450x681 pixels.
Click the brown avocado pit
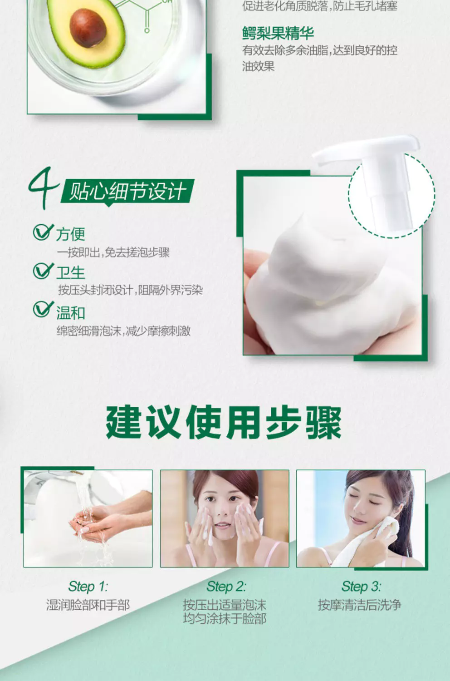tap(88, 28)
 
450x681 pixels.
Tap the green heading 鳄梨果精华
tap(278, 33)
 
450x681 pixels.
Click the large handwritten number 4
tap(44, 188)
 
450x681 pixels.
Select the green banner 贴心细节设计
tap(127, 192)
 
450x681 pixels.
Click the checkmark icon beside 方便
tap(43, 232)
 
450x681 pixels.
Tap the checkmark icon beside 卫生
tap(43, 271)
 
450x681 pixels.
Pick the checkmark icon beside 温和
tap(43, 310)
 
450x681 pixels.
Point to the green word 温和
tap(70, 312)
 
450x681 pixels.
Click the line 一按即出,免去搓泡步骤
tap(113, 252)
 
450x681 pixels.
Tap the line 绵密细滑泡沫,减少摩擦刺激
tap(124, 331)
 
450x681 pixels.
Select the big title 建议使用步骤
tap(224, 422)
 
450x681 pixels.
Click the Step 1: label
tap(88, 586)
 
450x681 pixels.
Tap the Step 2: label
tap(226, 586)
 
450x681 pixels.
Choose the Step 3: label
tap(361, 586)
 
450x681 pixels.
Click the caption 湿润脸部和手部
tap(88, 605)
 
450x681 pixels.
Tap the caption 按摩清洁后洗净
tap(360, 605)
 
